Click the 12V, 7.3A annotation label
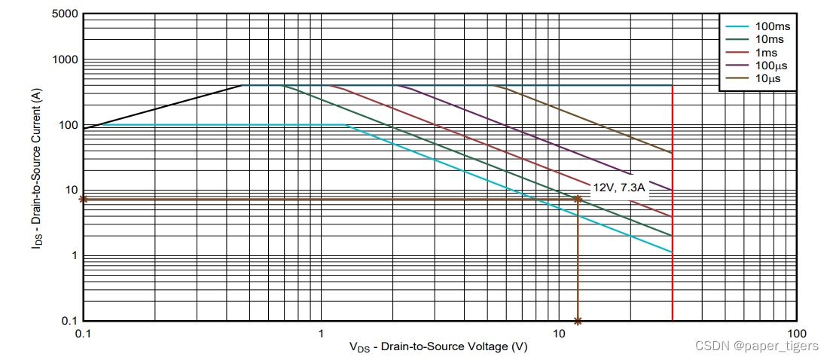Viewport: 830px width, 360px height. (618, 188)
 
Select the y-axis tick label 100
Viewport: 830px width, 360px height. (67, 125)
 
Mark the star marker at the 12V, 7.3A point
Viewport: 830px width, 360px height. (578, 200)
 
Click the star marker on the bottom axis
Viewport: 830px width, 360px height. (578, 321)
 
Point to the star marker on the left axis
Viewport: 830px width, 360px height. (84, 200)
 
